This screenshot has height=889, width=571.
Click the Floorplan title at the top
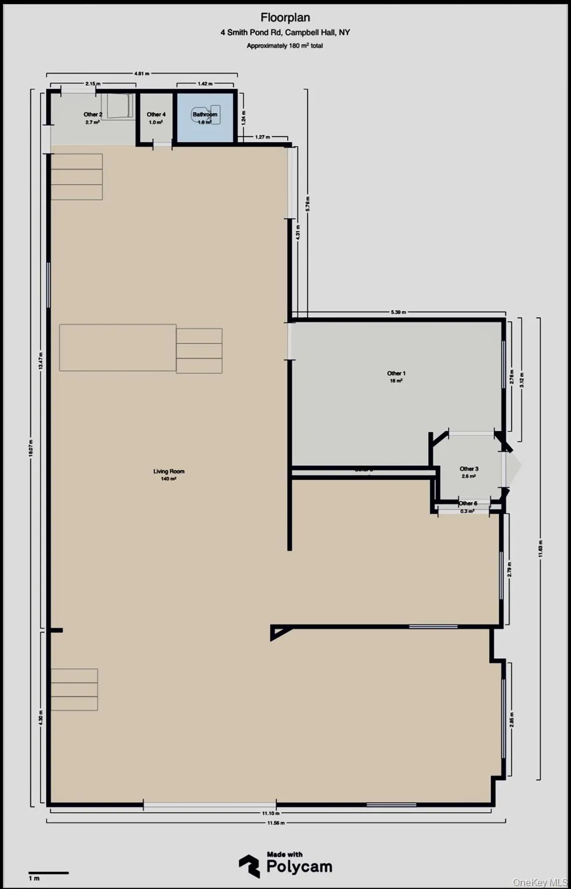[285, 18]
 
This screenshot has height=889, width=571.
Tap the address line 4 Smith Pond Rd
[285, 32]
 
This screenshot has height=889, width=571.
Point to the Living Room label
[169, 472]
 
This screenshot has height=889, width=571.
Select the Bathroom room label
[204, 115]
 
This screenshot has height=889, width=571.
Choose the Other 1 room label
[396, 374]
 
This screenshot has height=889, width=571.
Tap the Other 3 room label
[468, 469]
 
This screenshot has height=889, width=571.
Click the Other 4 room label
[156, 115]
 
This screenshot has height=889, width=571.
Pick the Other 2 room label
[93, 115]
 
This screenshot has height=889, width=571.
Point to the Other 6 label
[468, 504]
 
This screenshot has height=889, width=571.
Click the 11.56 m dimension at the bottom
[276, 822]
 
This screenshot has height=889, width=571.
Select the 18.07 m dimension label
[31, 449]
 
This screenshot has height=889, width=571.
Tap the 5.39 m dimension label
[398, 313]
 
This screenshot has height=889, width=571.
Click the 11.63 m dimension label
[540, 549]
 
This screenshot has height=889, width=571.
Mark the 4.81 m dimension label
[142, 74]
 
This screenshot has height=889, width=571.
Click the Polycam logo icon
[250, 866]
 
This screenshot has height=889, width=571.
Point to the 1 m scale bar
[49, 873]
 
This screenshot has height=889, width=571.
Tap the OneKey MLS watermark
[540, 883]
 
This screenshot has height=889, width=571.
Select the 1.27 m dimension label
[262, 137]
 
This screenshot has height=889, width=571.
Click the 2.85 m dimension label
[511, 719]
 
